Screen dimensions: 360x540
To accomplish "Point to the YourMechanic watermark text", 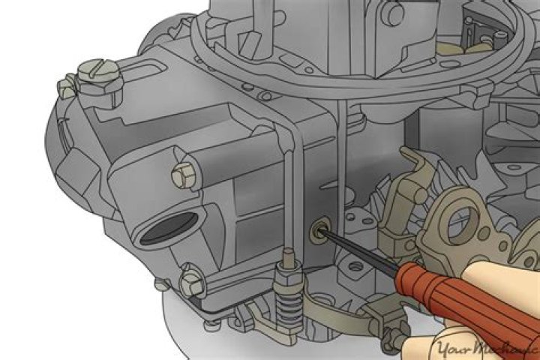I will (480, 346).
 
